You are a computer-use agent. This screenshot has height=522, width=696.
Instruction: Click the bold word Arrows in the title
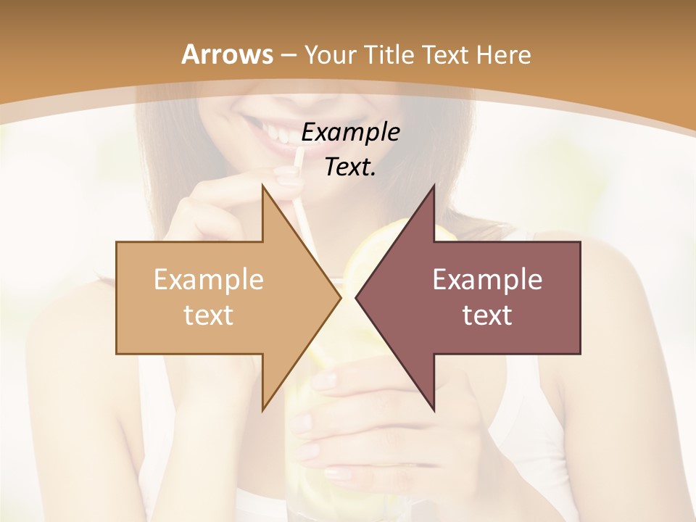(226, 55)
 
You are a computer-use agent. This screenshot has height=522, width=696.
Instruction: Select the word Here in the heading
(503, 55)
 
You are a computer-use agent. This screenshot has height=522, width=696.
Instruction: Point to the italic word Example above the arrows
(350, 132)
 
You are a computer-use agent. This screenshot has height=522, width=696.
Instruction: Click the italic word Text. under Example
(350, 167)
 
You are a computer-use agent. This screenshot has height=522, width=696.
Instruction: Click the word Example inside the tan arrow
(209, 280)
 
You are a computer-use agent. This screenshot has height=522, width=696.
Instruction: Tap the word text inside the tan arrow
(209, 315)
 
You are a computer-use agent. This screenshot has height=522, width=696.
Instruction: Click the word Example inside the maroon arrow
(487, 280)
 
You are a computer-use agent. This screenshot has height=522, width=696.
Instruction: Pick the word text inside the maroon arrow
(487, 315)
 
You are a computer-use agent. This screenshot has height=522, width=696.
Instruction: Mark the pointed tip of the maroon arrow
(357, 297)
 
